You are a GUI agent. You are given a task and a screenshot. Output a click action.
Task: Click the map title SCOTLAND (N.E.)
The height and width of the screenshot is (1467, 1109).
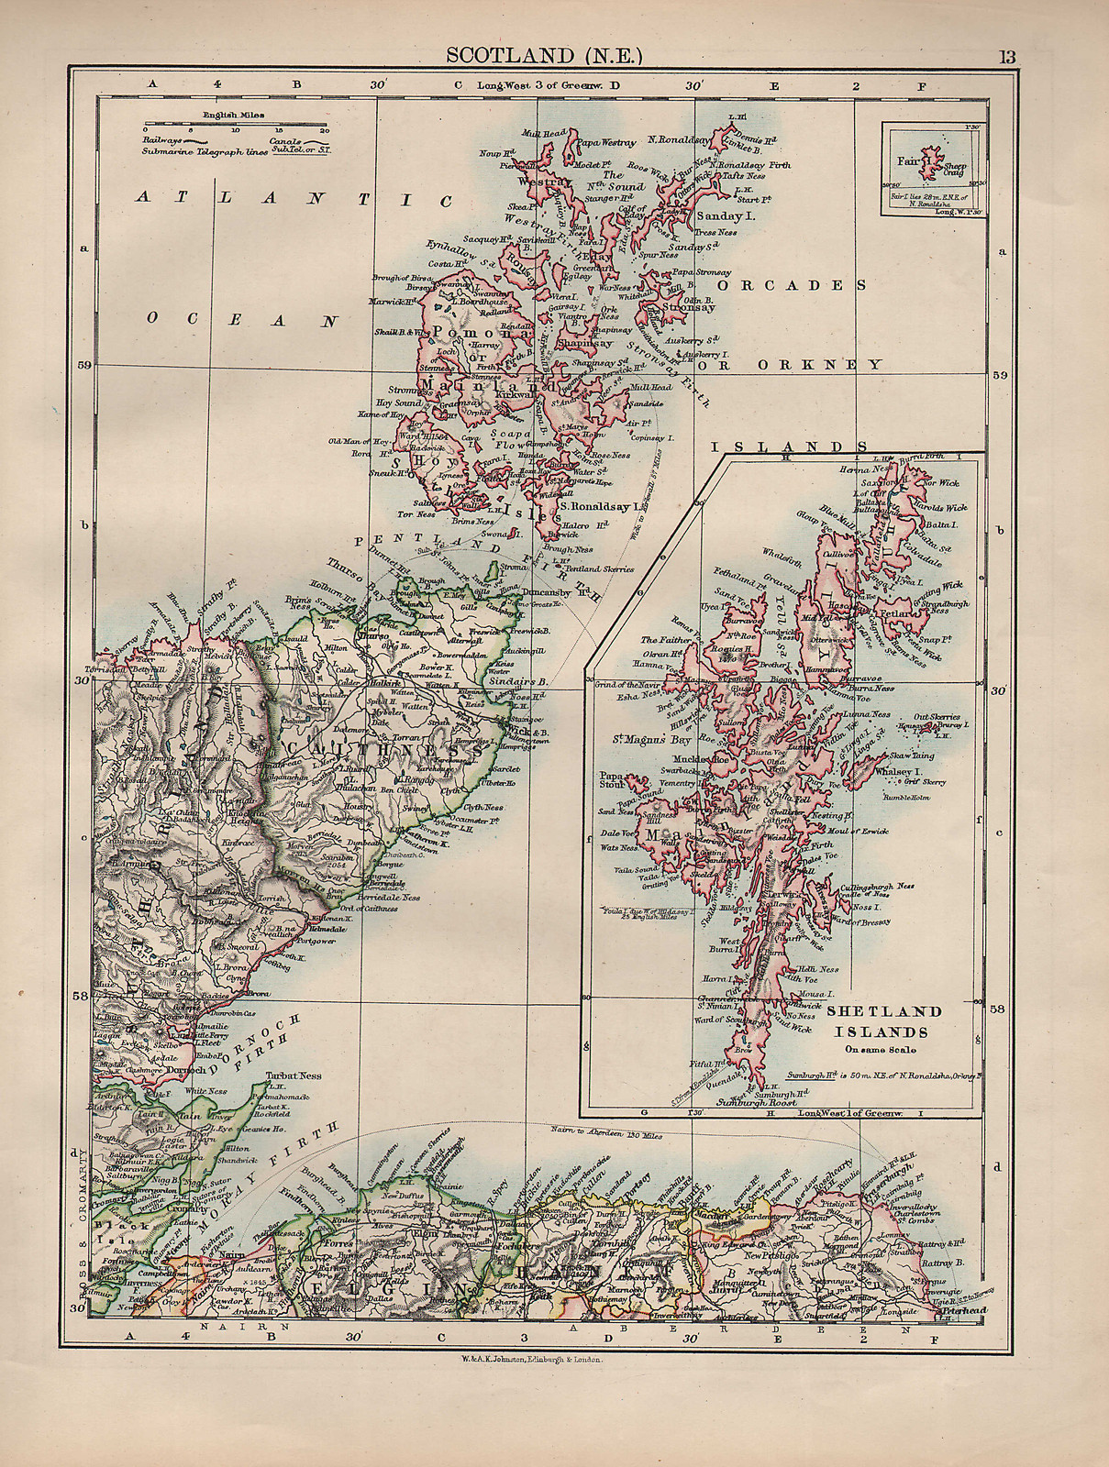point(544,56)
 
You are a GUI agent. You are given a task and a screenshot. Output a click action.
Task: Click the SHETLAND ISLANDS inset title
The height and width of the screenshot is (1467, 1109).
point(883,1020)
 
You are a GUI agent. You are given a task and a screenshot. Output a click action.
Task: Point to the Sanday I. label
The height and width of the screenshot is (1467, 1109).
point(725,216)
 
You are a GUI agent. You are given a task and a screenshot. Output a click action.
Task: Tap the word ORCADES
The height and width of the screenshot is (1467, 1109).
point(791,285)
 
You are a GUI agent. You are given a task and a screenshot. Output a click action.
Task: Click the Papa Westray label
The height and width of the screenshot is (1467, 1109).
point(604,142)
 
